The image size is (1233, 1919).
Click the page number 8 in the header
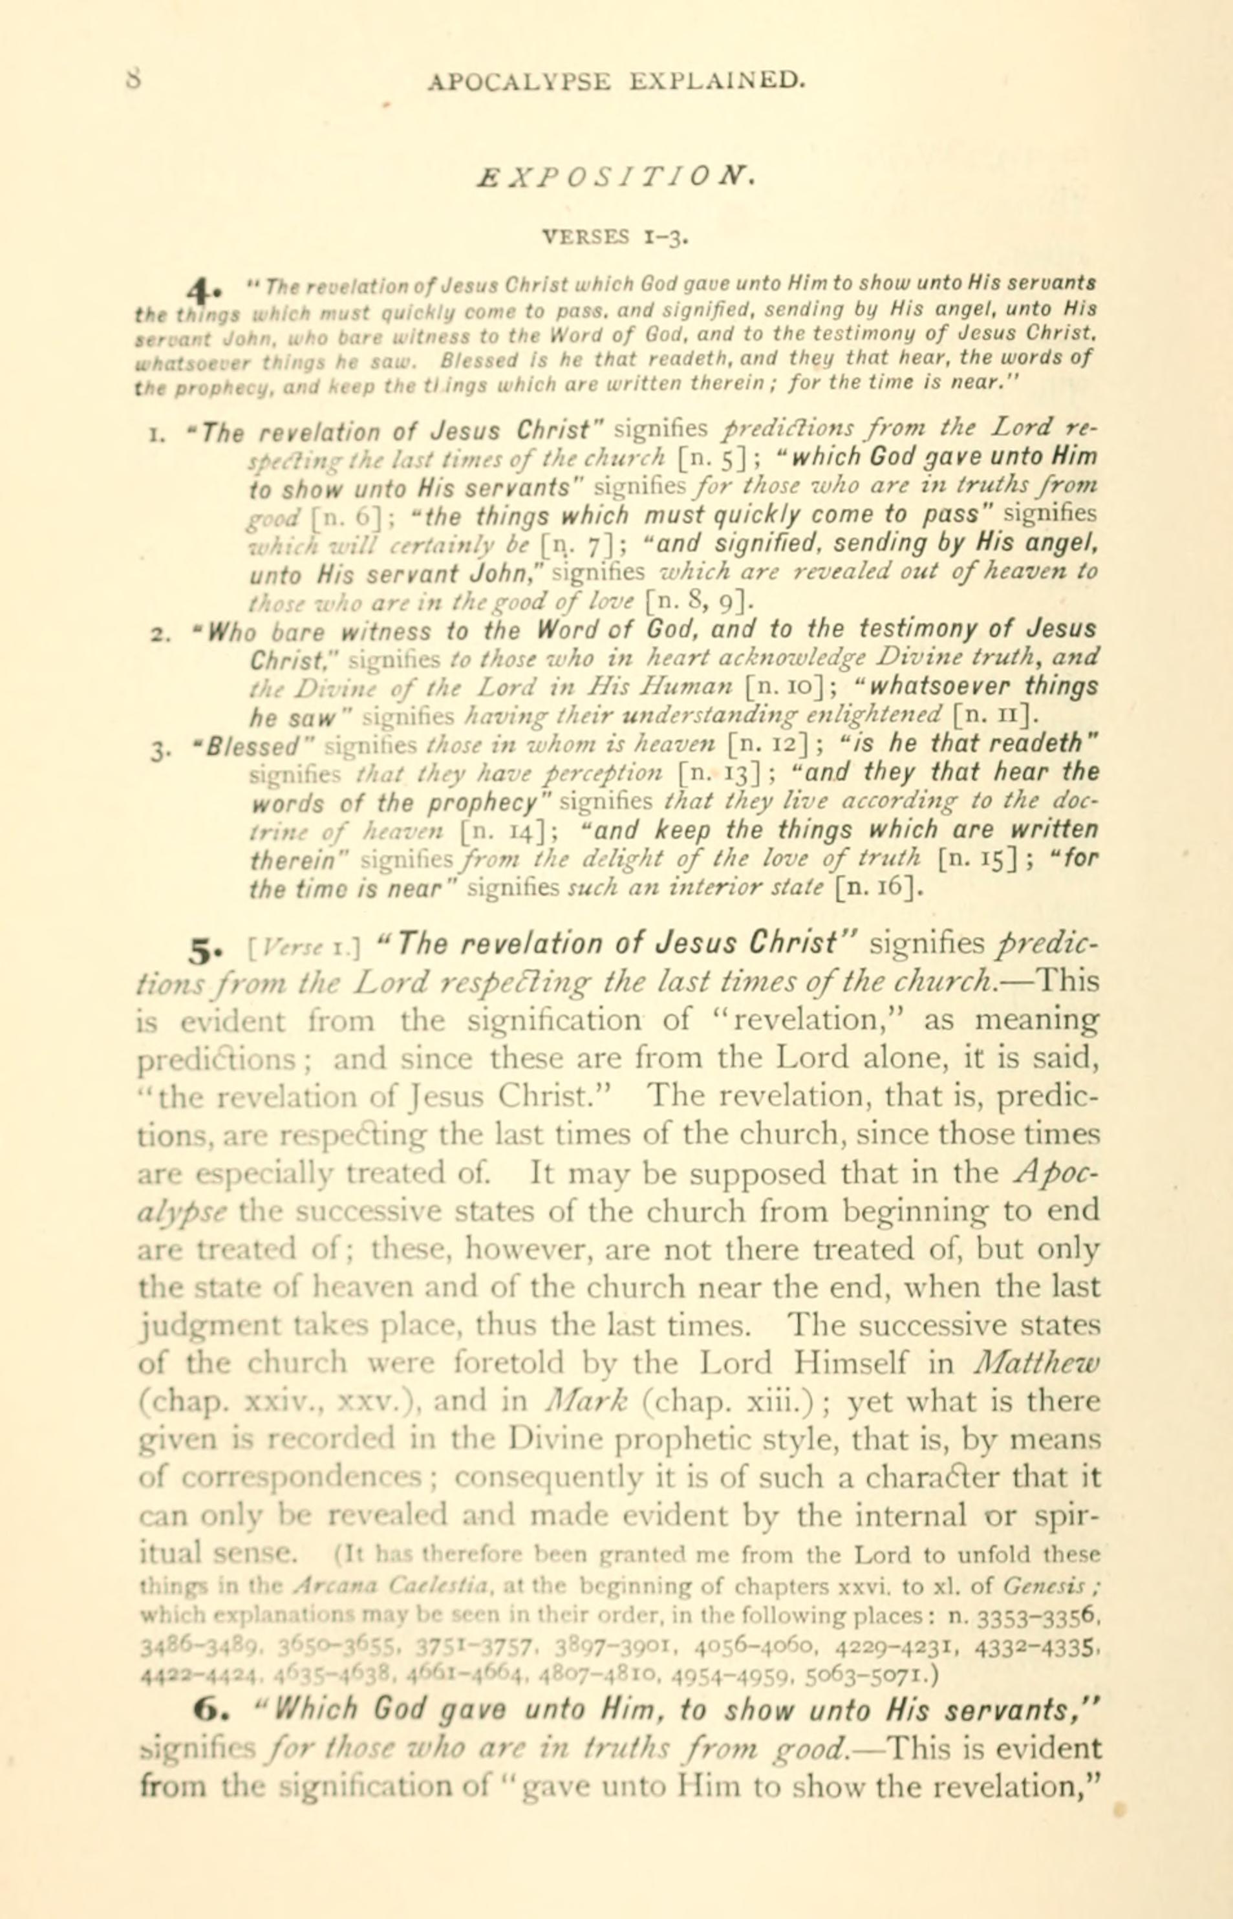click(x=134, y=80)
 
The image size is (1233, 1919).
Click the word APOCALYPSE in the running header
click(x=520, y=81)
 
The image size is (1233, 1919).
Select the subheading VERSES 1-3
click(x=616, y=237)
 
